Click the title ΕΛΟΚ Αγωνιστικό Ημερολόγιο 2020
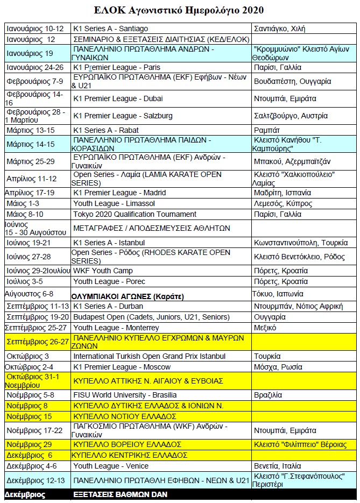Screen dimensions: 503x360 pyautogui.click(x=180, y=10)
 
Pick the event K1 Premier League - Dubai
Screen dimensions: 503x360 pyautogui.click(x=118, y=98)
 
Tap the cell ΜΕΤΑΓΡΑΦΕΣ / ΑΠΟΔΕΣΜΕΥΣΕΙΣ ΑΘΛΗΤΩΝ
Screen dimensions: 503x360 pyautogui.click(x=152, y=228)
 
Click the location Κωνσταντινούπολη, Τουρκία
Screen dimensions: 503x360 pyautogui.click(x=301, y=243)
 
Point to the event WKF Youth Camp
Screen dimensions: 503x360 pyautogui.click(x=103, y=271)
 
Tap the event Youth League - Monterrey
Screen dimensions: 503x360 pyautogui.click(x=116, y=328)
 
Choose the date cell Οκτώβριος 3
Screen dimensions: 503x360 pyautogui.click(x=27, y=356)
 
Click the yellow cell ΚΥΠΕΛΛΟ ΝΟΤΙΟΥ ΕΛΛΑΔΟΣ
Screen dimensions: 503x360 pyautogui.click(x=125, y=416)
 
